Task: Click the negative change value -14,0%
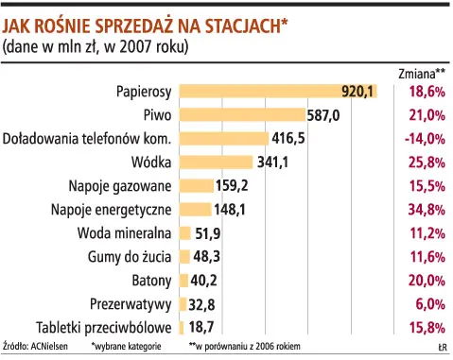(426, 138)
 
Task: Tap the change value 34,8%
(427, 209)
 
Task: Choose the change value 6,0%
(429, 303)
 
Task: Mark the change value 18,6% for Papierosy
(427, 91)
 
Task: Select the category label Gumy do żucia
(127, 256)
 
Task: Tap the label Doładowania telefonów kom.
(86, 138)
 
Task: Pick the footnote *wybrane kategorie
(126, 347)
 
